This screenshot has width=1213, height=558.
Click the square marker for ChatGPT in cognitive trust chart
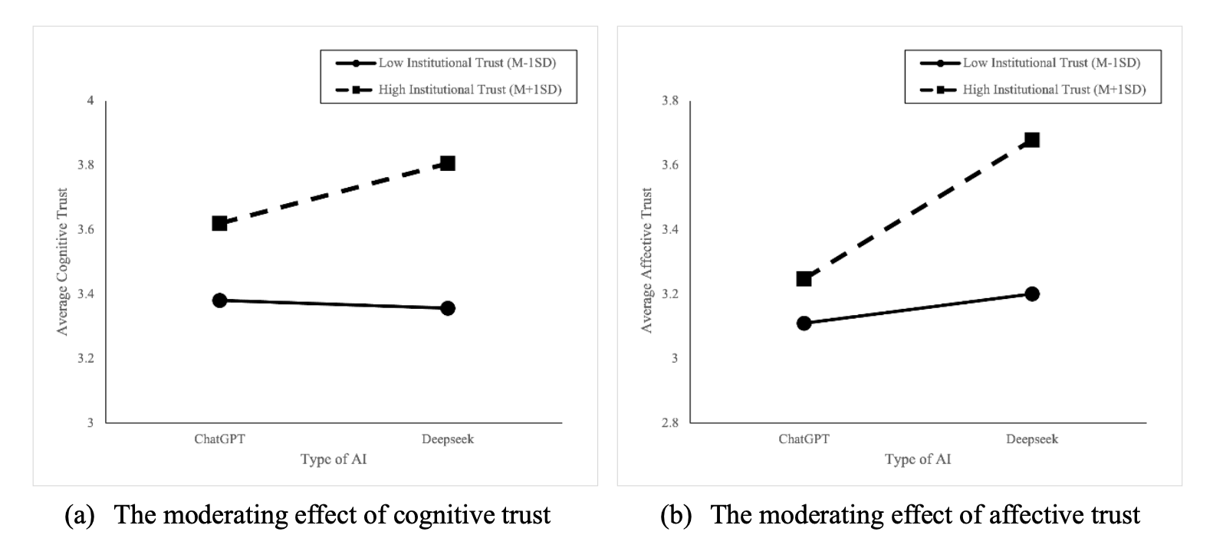click(x=219, y=223)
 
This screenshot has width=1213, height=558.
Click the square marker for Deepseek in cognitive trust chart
click(x=448, y=163)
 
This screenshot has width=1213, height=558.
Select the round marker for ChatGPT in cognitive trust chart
click(x=219, y=300)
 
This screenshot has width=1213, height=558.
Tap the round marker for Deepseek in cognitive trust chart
click(x=448, y=308)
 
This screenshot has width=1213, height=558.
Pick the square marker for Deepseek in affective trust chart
click(x=1032, y=139)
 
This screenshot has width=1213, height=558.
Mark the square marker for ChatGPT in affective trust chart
click(x=804, y=278)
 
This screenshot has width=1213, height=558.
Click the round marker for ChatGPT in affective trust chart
click(x=804, y=323)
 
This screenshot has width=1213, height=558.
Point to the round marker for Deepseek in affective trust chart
click(x=1032, y=294)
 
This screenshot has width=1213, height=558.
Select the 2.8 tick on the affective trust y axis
click(x=670, y=423)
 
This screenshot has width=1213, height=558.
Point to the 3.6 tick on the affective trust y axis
click(x=670, y=166)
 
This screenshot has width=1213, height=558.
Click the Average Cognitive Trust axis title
click(x=63, y=261)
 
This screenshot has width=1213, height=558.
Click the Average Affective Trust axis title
click(x=647, y=261)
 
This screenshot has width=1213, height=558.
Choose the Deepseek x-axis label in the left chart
click(x=448, y=439)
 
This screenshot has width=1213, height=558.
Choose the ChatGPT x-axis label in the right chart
click(x=804, y=439)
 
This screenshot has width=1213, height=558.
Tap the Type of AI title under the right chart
click(x=918, y=459)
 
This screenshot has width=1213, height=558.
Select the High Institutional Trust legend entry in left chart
click(x=469, y=90)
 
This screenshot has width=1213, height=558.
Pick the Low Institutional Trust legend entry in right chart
click(x=1051, y=63)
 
